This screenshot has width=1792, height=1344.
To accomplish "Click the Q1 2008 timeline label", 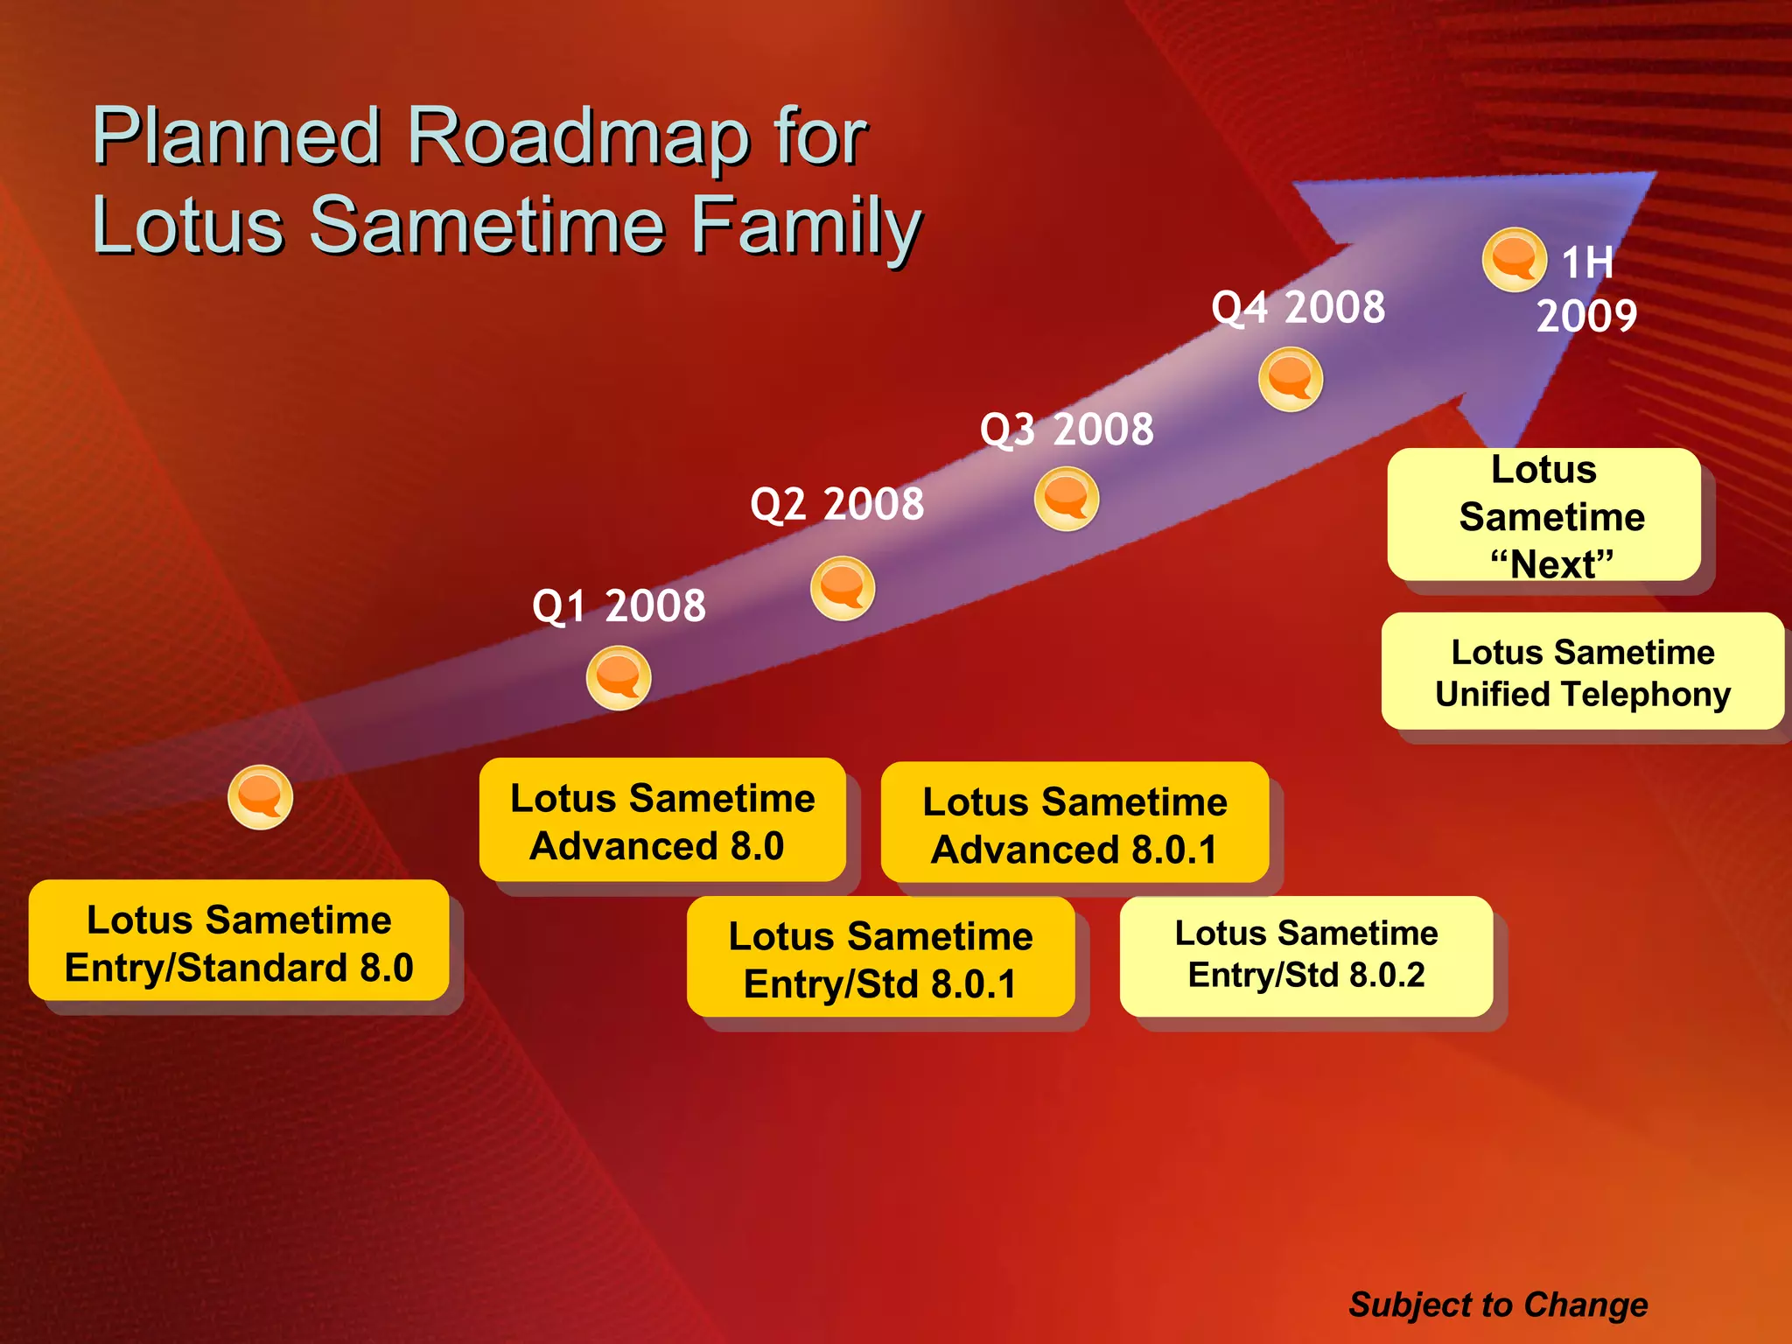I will pos(619,605).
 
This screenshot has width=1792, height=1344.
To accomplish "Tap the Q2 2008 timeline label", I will pos(836,504).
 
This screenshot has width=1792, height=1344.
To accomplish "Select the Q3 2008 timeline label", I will pos(1067,429).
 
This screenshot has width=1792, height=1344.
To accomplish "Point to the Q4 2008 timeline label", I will pos(1298,307).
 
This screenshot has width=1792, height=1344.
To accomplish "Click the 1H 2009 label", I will pos(1586,289).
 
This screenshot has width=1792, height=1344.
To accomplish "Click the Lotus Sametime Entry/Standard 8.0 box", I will pos(239,942).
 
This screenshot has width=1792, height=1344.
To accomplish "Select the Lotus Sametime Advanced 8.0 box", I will pos(662,821).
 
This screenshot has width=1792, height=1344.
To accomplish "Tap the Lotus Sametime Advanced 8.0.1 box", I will pos(1074,824).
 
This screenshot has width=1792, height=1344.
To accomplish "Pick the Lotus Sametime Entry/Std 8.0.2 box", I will pos(1305,955).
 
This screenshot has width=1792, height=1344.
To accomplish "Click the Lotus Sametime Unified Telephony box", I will pos(1582,672).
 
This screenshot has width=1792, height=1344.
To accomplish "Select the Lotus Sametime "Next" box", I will pos(1544,516).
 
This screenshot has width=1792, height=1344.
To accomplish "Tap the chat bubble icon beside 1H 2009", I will pos(1514,260).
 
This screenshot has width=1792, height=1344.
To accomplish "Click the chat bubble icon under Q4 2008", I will pos(1290,379).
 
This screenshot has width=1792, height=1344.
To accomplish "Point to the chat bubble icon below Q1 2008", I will pos(619,678).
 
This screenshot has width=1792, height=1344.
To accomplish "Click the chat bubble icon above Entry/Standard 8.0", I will pos(260,797).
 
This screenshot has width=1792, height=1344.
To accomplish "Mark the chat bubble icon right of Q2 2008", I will pos(842,588).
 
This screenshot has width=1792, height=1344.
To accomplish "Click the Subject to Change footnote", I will pos(1498,1305).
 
